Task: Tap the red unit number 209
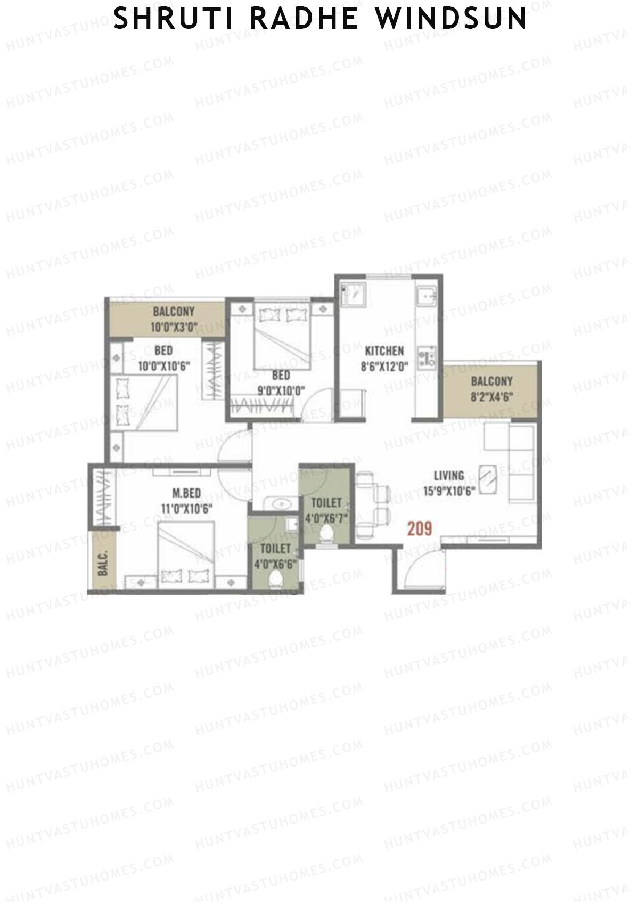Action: (x=420, y=528)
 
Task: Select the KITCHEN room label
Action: (x=384, y=351)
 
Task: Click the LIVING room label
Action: (x=448, y=476)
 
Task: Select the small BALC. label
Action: (x=103, y=563)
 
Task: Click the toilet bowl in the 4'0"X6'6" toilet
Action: (x=276, y=578)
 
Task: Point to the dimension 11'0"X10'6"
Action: (x=186, y=509)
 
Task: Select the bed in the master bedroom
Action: (x=185, y=554)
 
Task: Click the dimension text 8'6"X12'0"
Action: (x=384, y=367)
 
